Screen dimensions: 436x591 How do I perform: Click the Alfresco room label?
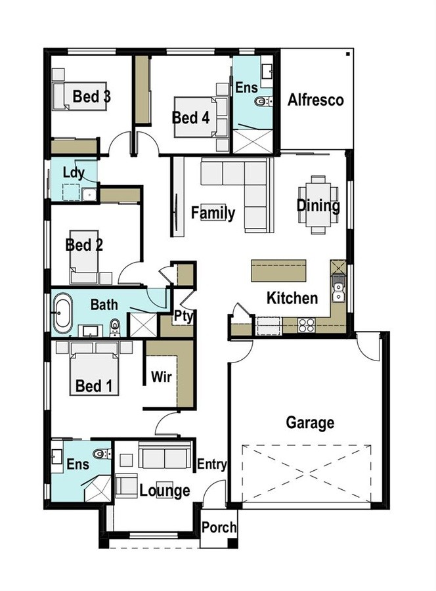point(315,100)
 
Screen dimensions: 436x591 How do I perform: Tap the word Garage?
point(310,422)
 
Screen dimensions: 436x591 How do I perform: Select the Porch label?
point(219,527)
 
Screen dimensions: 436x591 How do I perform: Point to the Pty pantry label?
point(183,317)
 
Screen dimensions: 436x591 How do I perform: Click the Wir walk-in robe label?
point(162,376)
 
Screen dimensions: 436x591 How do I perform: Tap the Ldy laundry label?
point(74,173)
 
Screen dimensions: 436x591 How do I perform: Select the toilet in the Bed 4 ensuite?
point(263,101)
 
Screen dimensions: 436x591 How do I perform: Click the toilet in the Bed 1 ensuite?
point(102,453)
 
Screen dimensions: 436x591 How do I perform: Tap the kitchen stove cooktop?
point(307,325)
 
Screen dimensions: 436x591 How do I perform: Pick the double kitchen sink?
point(338,292)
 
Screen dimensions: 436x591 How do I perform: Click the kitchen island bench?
point(278,270)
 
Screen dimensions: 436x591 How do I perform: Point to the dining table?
point(318,204)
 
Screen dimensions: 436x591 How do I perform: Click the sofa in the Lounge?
point(165,454)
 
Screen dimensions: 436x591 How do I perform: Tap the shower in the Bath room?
point(143,324)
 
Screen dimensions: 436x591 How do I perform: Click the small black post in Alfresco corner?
point(348,54)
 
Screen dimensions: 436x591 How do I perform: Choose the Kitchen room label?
point(292,297)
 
